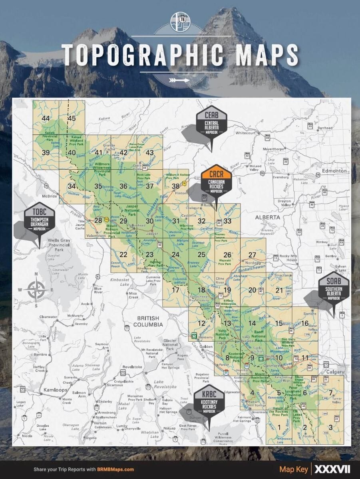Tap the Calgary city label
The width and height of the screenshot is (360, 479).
pyautogui.click(x=335, y=372)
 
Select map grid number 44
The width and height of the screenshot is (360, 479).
pyautogui.click(x=46, y=118)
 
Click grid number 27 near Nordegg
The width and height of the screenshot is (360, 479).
pyautogui.click(x=252, y=255)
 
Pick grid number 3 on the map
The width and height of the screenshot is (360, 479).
pyautogui.click(x=330, y=428)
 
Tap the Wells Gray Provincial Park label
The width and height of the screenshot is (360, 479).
pyautogui.click(x=59, y=244)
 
